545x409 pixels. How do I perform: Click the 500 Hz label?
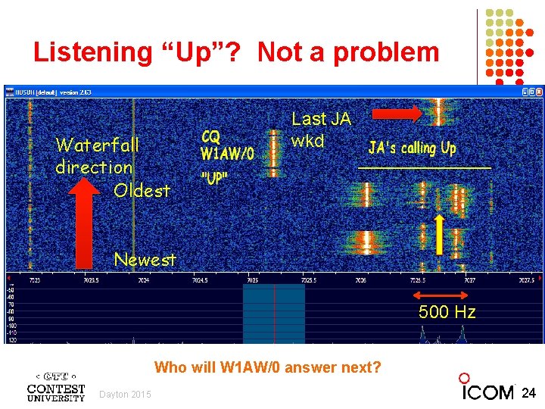447,312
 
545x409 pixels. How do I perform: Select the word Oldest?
142,190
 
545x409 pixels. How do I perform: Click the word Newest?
145,259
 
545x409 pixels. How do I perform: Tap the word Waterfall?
97,144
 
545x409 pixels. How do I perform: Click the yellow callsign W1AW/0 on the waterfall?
226,154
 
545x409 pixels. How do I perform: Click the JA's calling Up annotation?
413,148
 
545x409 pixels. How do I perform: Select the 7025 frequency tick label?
251,280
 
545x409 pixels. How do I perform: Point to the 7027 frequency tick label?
469,280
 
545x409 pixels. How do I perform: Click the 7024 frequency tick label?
143,280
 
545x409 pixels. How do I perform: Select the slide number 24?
529,392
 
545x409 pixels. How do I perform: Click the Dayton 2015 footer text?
125,394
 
